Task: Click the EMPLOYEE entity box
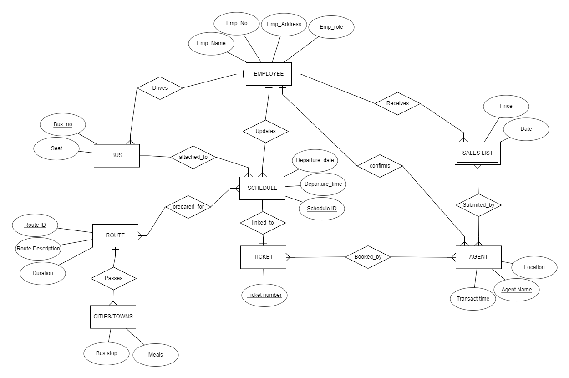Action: [x=268, y=74]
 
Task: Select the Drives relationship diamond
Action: [x=159, y=88]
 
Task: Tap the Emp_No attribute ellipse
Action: [x=237, y=23]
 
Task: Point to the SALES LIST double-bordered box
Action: [x=478, y=153]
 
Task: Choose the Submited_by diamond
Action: [x=478, y=205]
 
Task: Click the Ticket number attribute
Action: [x=264, y=295]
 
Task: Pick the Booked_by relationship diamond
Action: [x=368, y=257]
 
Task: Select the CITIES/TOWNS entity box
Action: [x=113, y=317]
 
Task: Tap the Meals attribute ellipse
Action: [x=156, y=355]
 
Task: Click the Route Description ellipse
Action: [x=38, y=249]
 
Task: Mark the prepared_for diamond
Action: [x=188, y=207]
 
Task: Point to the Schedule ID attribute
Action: [x=321, y=209]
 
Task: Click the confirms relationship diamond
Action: [x=380, y=166]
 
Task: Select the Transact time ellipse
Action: [x=473, y=299]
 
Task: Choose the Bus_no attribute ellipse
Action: [x=63, y=124]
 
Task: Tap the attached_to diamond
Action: [x=193, y=157]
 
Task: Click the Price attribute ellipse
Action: [x=506, y=106]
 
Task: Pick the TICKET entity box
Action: [x=263, y=257]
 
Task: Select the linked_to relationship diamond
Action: [x=263, y=223]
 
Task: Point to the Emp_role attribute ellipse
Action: [x=331, y=27]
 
